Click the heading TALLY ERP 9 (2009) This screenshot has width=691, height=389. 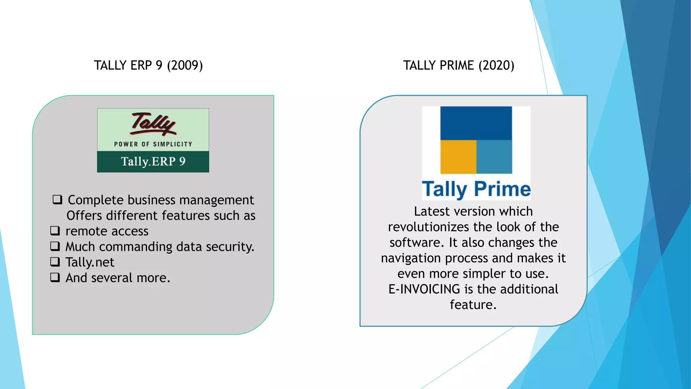[148, 66]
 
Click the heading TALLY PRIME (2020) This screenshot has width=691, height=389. [459, 66]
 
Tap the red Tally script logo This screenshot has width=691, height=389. [154, 124]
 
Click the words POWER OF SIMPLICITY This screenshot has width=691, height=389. [153, 144]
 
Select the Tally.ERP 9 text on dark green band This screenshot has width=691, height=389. [153, 161]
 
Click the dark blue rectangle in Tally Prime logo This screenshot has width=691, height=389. [476, 123]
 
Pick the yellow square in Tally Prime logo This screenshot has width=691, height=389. [458, 157]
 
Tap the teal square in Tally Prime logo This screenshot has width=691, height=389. [494, 157]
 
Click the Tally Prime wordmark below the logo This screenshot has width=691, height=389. [476, 189]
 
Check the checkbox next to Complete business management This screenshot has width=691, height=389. [57, 200]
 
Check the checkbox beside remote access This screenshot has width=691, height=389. [55, 231]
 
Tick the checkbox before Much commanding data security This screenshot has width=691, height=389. [55, 246]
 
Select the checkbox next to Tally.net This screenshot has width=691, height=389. [55, 262]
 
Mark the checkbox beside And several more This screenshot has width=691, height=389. [55, 277]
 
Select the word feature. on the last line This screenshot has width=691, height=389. [473, 305]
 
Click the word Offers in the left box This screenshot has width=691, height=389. [84, 216]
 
